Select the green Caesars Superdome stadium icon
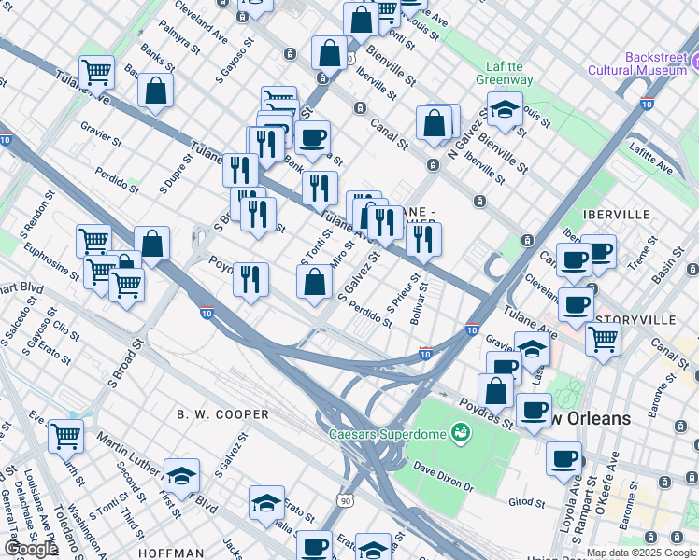pos(459,433)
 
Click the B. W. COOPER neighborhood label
pos(223,413)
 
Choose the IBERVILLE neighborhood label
pos(616,214)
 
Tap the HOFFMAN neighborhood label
pos(171,553)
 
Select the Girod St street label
pos(527,501)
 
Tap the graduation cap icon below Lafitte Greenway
pos(505,109)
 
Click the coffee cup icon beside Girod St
pos(564,459)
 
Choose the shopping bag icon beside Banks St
pos(155,91)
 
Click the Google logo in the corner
pos(31,549)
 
